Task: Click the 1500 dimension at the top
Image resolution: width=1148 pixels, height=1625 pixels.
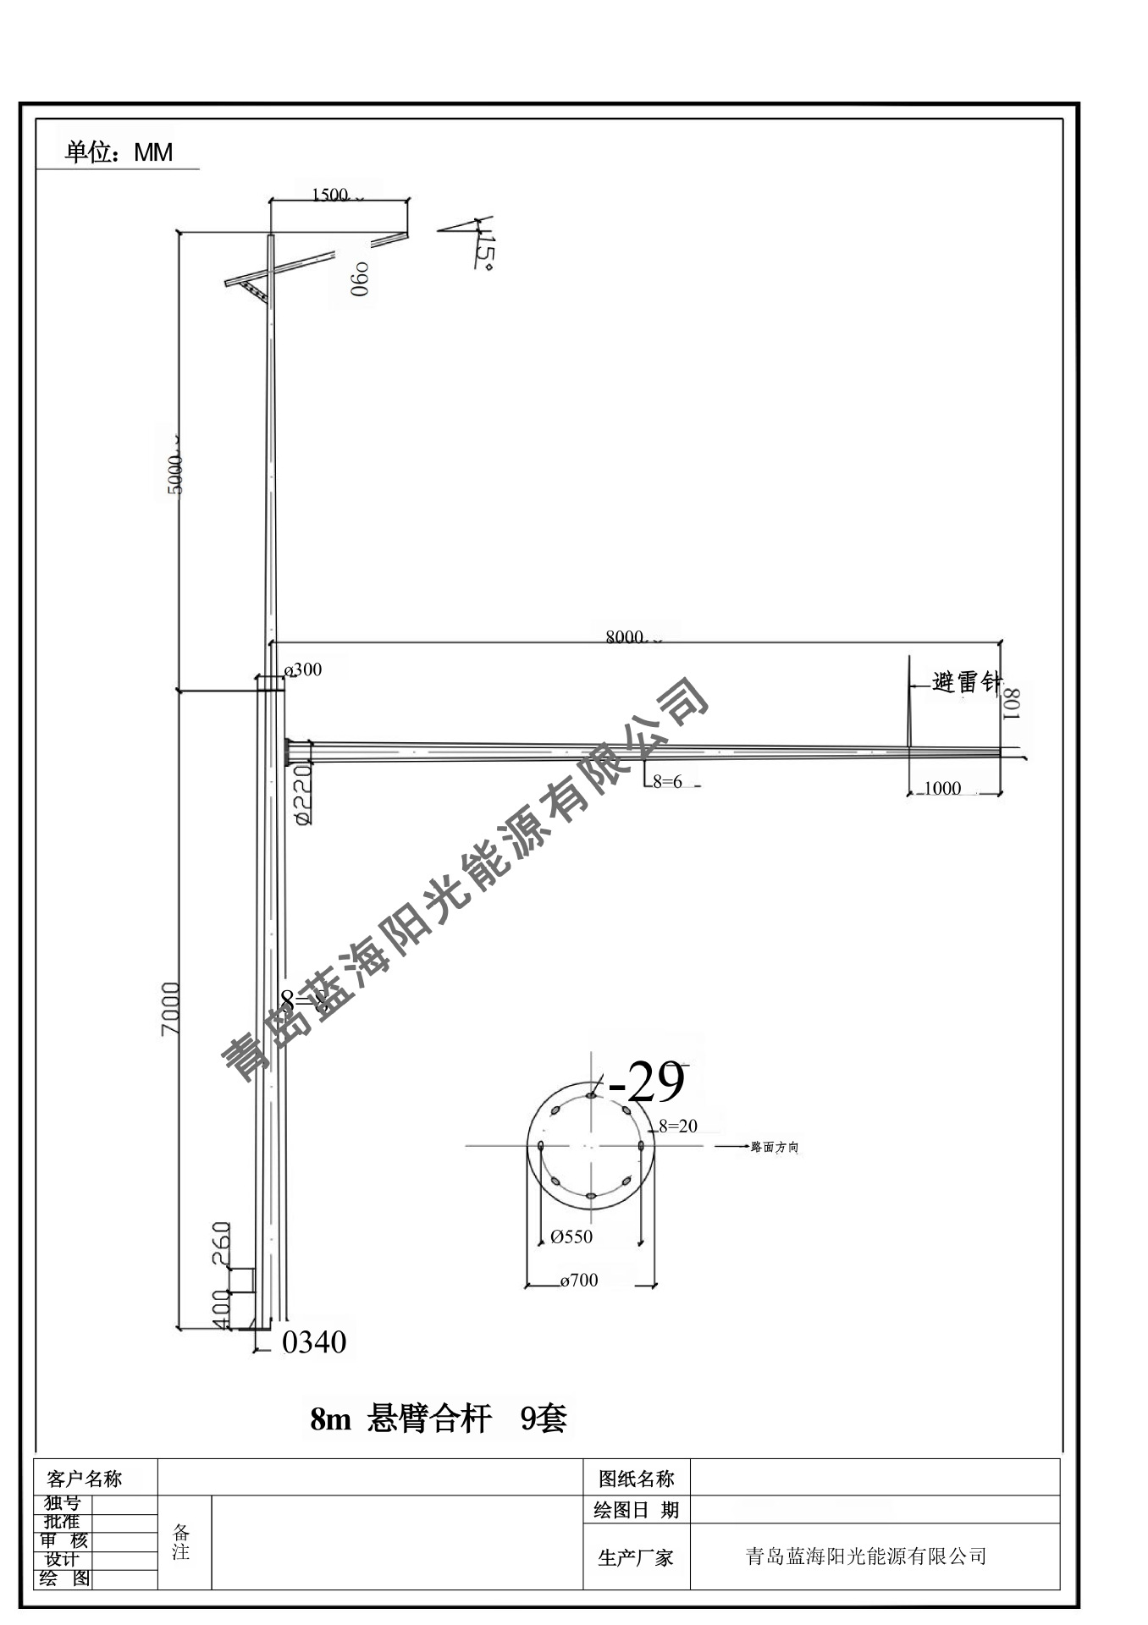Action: pos(330,195)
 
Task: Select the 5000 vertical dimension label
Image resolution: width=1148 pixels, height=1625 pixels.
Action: pos(174,474)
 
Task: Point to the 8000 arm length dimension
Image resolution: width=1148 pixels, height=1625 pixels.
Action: pos(625,637)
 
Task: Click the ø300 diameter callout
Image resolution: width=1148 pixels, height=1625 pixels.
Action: pos(304,669)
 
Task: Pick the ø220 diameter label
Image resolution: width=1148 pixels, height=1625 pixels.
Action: pos(302,795)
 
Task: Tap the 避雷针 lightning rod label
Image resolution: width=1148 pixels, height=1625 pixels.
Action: pos(965,681)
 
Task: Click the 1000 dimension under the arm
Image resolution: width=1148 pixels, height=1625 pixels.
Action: pos(941,788)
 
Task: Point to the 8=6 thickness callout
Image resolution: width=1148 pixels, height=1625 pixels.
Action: pos(667,782)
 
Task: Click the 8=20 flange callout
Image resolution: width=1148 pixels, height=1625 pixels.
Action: pos(678,1126)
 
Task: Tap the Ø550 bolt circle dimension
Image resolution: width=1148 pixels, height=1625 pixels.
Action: pos(571,1237)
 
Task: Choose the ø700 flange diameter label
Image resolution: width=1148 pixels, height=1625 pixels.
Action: pos(579,1281)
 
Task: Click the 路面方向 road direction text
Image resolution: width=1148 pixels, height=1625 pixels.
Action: pos(775,1148)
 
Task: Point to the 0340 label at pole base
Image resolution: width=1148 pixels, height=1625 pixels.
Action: pos(314,1342)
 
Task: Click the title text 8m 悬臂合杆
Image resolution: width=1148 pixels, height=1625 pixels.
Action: pos(400,1418)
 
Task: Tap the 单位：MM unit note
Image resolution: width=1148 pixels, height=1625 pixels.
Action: pos(119,152)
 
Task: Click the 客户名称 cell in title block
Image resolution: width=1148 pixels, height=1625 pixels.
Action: pos(85,1479)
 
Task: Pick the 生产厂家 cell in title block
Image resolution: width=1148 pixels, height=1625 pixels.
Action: pos(636,1557)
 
